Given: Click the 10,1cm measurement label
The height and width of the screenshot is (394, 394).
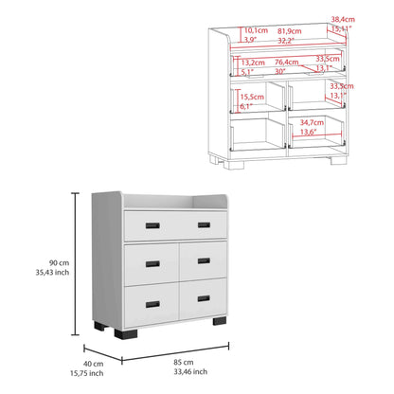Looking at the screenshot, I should [255, 29].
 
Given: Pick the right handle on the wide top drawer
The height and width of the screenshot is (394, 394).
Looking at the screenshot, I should [204, 224].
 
